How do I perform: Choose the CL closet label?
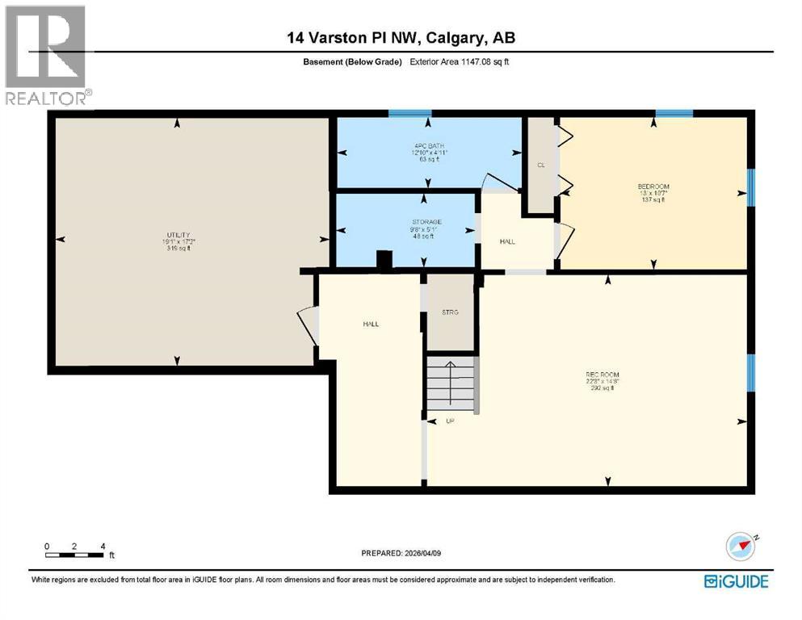tap(540, 165)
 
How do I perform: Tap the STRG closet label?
tap(450, 312)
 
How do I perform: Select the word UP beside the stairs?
tap(450, 421)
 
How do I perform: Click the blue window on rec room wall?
tap(750, 370)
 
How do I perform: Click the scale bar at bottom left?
tap(75, 555)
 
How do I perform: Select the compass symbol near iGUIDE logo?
tap(740, 547)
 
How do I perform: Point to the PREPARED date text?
tap(401, 553)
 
